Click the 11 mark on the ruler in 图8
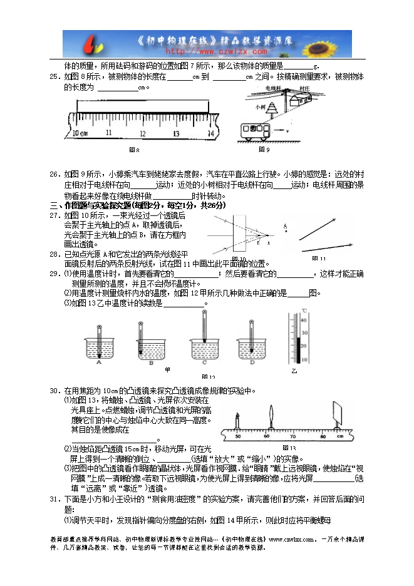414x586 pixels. tap(109, 133)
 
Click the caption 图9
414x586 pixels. tap(264, 150)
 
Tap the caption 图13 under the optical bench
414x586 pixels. tap(289, 448)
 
